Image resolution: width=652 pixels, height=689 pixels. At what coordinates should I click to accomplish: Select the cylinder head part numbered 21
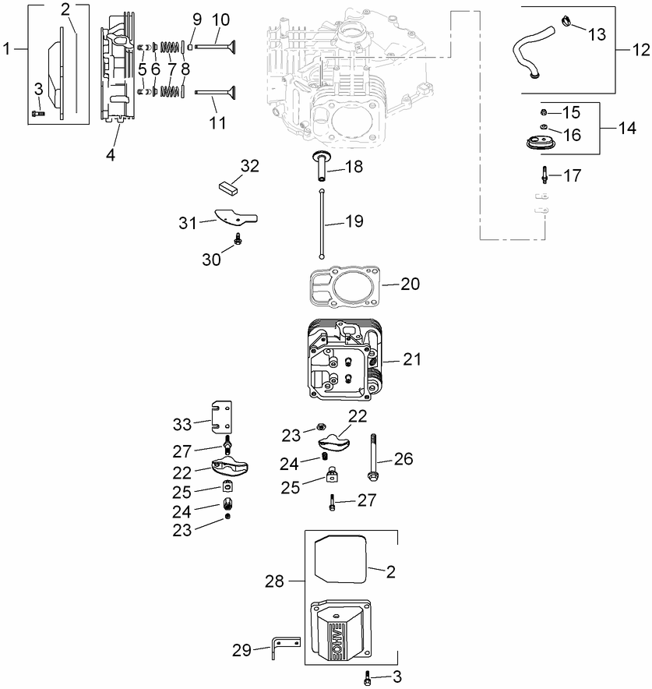[344, 359]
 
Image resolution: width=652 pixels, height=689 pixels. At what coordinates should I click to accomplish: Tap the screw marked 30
[238, 237]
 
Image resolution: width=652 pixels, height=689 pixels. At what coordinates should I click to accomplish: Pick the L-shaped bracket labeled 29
[284, 645]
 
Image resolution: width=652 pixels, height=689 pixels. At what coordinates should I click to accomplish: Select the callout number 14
[627, 129]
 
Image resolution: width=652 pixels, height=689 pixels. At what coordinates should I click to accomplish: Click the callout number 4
[111, 154]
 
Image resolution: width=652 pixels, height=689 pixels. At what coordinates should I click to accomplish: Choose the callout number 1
[8, 49]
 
